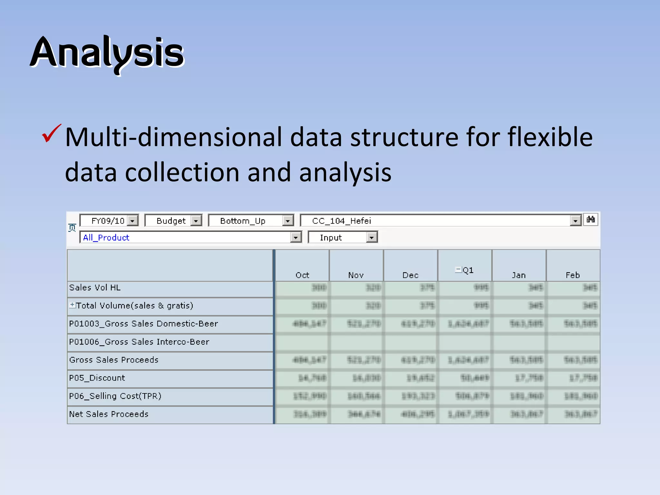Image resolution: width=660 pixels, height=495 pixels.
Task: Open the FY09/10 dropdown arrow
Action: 132,221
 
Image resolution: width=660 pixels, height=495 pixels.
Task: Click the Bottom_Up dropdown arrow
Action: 287,221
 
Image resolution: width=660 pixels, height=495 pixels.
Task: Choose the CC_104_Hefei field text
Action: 342,221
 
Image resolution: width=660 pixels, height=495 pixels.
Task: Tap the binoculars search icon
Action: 591,219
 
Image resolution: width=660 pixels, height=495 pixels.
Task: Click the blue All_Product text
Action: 106,238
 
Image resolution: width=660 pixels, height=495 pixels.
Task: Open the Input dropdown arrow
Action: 372,238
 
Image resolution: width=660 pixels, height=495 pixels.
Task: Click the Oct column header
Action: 302,275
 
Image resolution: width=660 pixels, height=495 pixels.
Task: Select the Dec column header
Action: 410,275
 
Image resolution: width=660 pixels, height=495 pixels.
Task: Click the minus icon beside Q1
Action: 458,269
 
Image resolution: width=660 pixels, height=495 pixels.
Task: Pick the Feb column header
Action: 573,275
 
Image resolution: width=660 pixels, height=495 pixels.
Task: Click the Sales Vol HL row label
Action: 95,287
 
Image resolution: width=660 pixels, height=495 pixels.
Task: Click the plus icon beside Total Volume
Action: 73,305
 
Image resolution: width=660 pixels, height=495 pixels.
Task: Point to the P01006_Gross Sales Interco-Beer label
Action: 139,342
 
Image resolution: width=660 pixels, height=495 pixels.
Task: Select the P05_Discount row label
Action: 97,378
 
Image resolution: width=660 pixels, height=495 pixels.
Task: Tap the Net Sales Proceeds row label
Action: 109,414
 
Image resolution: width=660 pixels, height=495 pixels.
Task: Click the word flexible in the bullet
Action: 550,137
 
